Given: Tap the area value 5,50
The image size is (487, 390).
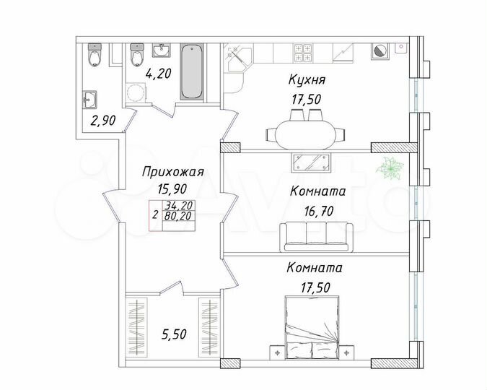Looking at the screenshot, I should pyautogui.click(x=174, y=335).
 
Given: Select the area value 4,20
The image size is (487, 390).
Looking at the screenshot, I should pyautogui.click(x=158, y=73).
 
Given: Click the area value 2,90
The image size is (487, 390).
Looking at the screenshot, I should pyautogui.click(x=103, y=121).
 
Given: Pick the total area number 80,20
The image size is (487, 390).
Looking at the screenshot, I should pyautogui.click(x=177, y=214).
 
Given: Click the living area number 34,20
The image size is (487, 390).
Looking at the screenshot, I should pyautogui.click(x=177, y=205).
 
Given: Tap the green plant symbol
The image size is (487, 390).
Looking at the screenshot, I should pyautogui.click(x=392, y=168).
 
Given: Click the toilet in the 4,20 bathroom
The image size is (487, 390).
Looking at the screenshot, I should pyautogui.click(x=136, y=55).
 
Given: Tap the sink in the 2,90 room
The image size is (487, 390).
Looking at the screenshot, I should pyautogui.click(x=91, y=99).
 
